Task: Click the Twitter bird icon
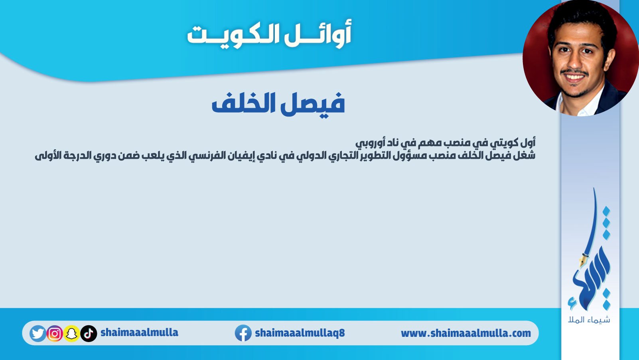[37, 333]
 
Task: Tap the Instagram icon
[55, 333]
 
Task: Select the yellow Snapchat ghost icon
[71, 333]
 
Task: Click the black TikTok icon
[89, 333]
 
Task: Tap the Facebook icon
[243, 333]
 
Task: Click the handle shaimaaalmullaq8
[300, 333]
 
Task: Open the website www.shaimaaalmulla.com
[466, 333]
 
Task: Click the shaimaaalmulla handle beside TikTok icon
[140, 332]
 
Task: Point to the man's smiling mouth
[574, 77]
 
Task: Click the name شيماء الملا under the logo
[589, 320]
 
